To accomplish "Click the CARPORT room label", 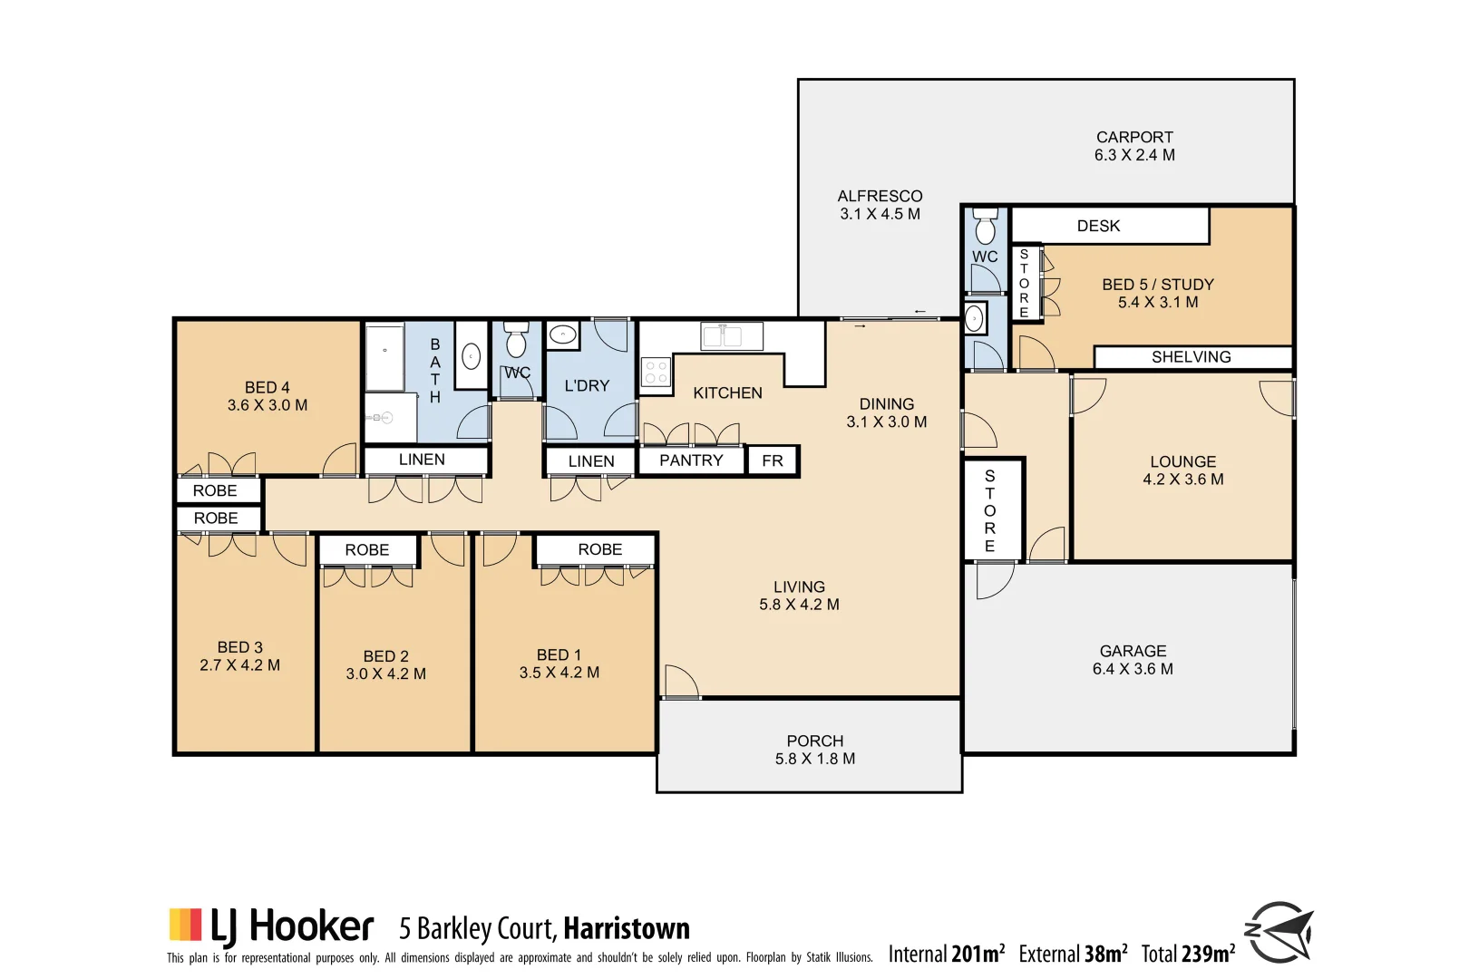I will pos(1134,138).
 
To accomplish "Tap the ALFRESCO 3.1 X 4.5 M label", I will pos(880,205).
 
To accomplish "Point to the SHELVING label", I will pos(1191,357).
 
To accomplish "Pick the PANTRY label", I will pos(691,460).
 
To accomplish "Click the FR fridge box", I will pos(773,460).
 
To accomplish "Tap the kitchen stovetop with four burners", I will pos(656,372).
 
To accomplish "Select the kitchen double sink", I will pos(731,336).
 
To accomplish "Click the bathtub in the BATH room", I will pos(384,357).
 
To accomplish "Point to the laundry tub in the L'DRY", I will pos(563,334).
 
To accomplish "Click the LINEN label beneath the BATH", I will pos(422,460).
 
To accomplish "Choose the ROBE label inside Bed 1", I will pos(599,549).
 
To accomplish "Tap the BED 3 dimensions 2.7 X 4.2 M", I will pos(239,665).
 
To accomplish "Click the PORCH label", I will pos(814,742).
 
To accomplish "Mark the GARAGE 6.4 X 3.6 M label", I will pos(1133,660).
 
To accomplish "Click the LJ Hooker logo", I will pos(271,926).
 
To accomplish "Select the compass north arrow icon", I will pos(1279,933).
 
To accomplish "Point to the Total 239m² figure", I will pos(1188,954).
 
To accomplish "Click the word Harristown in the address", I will pos(626,928).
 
